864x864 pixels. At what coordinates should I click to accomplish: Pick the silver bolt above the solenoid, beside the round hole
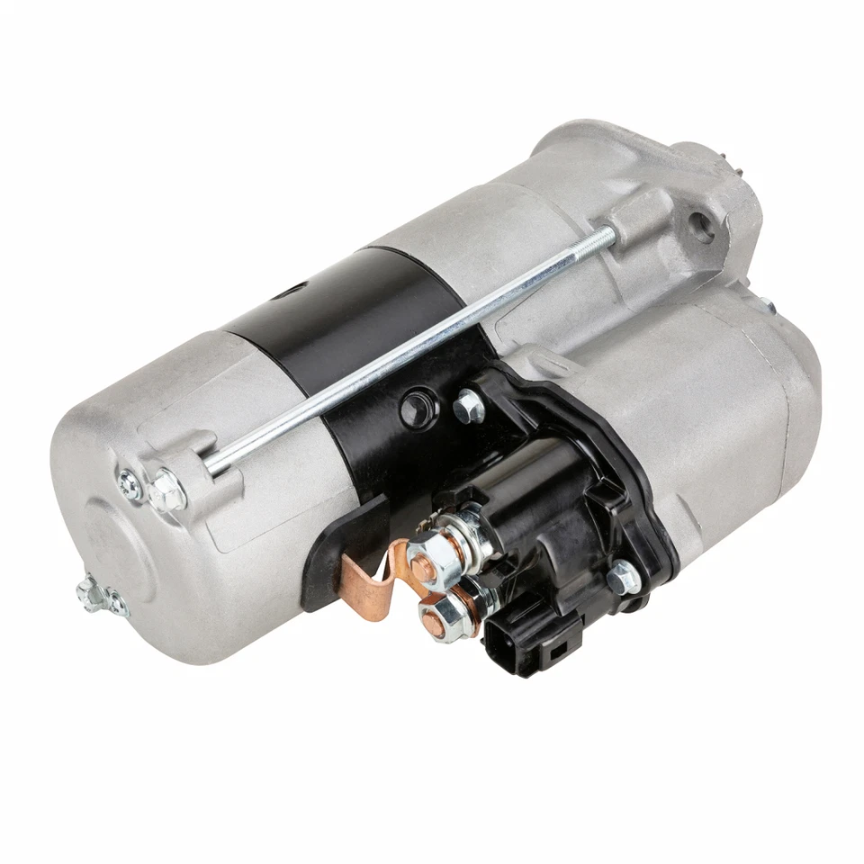click(x=467, y=406)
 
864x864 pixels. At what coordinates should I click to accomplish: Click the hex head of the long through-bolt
click(x=166, y=491)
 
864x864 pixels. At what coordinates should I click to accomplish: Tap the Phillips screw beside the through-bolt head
click(x=130, y=485)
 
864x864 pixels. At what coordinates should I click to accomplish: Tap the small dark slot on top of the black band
click(x=290, y=292)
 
